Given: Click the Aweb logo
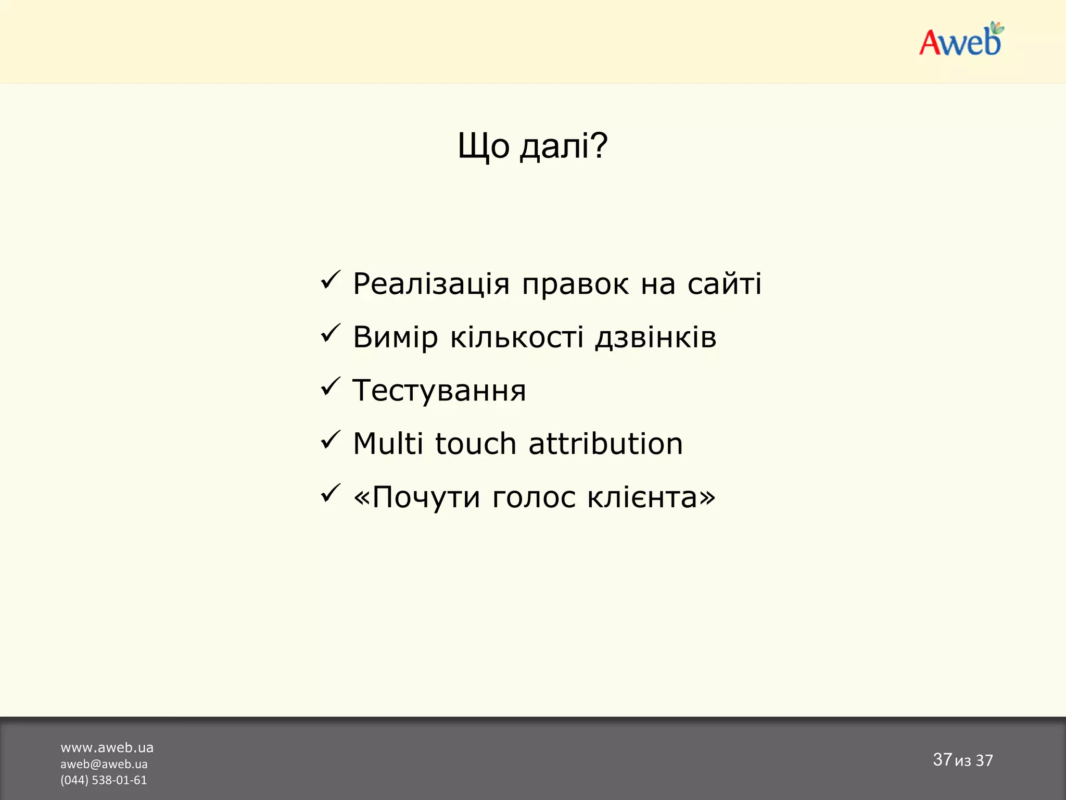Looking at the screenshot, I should click(x=960, y=40).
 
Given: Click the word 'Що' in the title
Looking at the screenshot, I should click(x=483, y=146).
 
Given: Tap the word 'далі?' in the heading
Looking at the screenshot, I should click(x=564, y=146).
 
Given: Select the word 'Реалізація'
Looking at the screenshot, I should click(x=430, y=284).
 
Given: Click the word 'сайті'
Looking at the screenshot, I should click(x=724, y=284).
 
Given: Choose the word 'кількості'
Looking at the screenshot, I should click(x=516, y=337).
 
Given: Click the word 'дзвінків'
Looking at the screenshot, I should click(x=656, y=337).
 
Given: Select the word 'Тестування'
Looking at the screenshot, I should click(x=439, y=391).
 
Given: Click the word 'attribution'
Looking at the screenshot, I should click(x=605, y=444).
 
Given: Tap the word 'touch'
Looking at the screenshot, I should click(x=475, y=444).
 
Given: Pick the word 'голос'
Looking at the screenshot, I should click(x=534, y=497).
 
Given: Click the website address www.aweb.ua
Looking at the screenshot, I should click(x=107, y=748).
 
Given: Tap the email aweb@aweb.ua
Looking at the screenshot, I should click(x=104, y=764).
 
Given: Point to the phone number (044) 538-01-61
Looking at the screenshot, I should click(x=104, y=780).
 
